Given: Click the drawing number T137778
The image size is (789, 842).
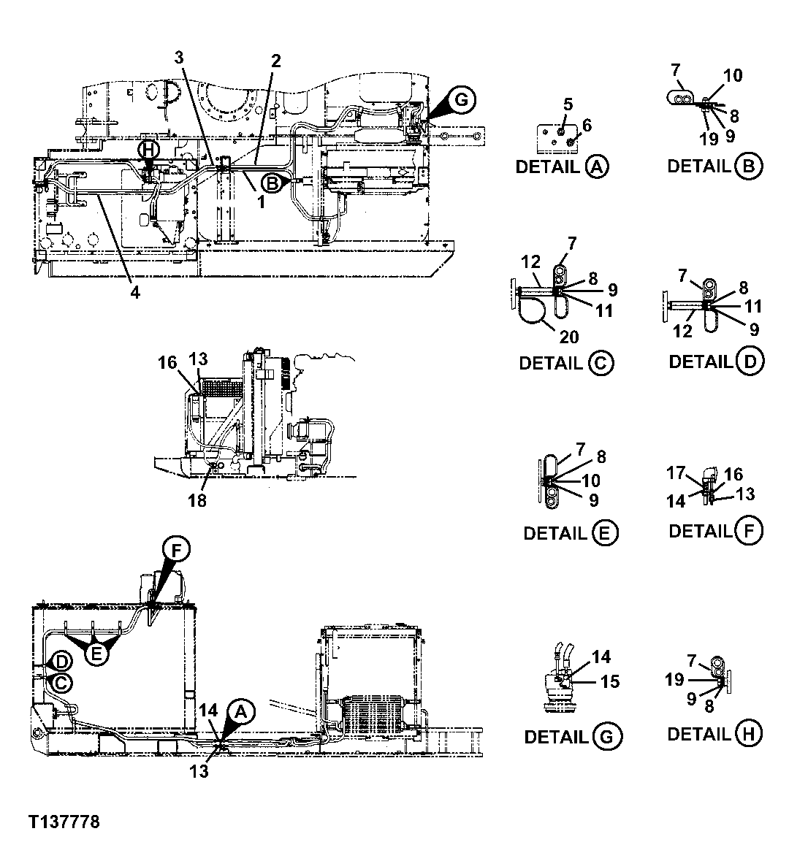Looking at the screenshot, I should coord(64,822).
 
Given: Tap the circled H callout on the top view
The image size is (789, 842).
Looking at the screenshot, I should coord(149,148).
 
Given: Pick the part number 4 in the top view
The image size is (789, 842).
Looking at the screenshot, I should coord(135,293).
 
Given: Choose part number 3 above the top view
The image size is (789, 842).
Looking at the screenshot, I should coord(180,56).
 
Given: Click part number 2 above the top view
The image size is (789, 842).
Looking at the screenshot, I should coord(275,61).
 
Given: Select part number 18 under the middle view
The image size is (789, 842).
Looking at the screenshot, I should coord(198,500).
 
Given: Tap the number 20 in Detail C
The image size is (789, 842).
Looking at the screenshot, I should coord(570,337).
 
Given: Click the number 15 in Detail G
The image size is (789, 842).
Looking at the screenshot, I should coord(610,681).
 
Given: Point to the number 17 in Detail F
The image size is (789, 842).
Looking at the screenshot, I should coord(675,473).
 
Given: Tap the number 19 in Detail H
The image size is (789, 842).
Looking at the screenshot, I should coord(674,680).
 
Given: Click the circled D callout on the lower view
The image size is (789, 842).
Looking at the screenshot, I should coord(62,662).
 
